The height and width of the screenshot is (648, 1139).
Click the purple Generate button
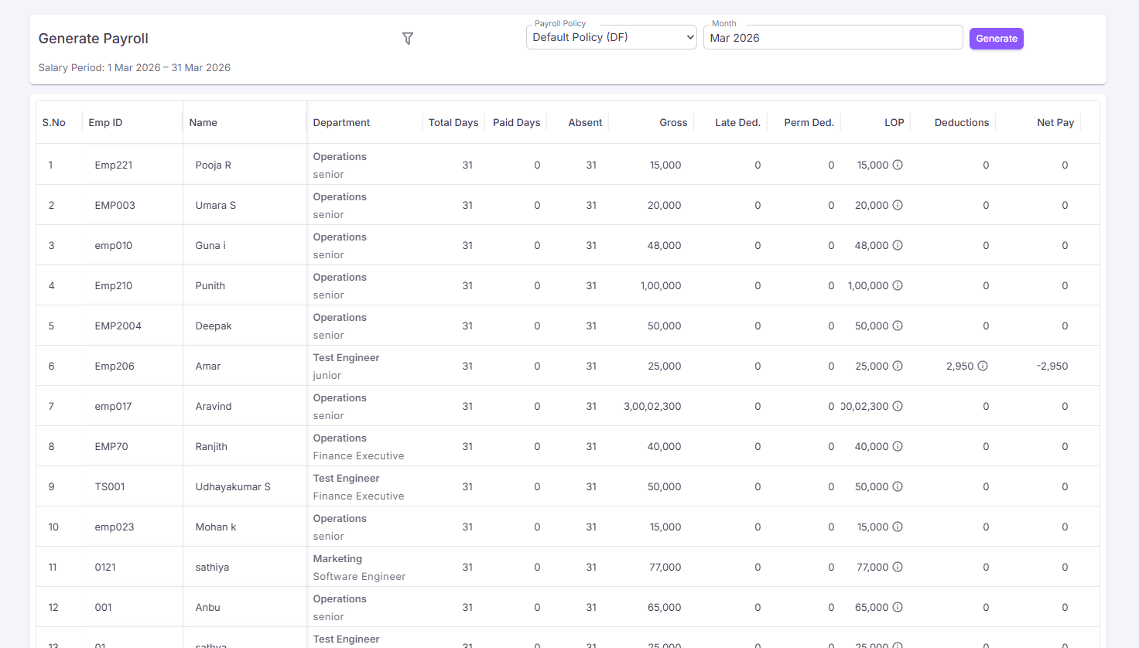coord(996,39)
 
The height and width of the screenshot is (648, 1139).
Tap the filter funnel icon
coord(407,39)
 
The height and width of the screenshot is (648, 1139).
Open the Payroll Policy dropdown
coord(611,37)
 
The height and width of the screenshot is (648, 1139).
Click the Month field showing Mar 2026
coord(833,38)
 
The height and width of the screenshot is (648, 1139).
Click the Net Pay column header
coord(1055,122)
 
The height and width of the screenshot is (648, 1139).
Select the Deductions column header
coord(962,122)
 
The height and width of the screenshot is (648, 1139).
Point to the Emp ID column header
coord(105,122)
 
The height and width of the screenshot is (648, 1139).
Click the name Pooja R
coord(213,165)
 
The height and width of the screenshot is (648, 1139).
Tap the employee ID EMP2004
coord(118,326)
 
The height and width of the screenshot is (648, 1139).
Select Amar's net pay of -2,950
coord(1052,366)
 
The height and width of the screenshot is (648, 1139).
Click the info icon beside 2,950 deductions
coord(983,366)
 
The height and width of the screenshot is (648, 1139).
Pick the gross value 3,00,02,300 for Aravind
coord(652,406)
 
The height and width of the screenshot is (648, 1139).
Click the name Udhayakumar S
coord(233,487)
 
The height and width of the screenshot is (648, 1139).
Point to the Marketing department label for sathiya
coord(337,558)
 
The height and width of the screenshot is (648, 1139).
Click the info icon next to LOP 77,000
coord(898,567)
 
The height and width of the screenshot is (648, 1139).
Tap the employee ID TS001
coord(109,487)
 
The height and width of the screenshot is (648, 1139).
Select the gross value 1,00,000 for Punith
coord(661,285)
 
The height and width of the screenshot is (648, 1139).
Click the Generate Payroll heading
coord(93,39)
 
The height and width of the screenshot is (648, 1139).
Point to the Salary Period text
coord(134,67)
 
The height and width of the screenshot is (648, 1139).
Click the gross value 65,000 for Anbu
coord(664,607)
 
